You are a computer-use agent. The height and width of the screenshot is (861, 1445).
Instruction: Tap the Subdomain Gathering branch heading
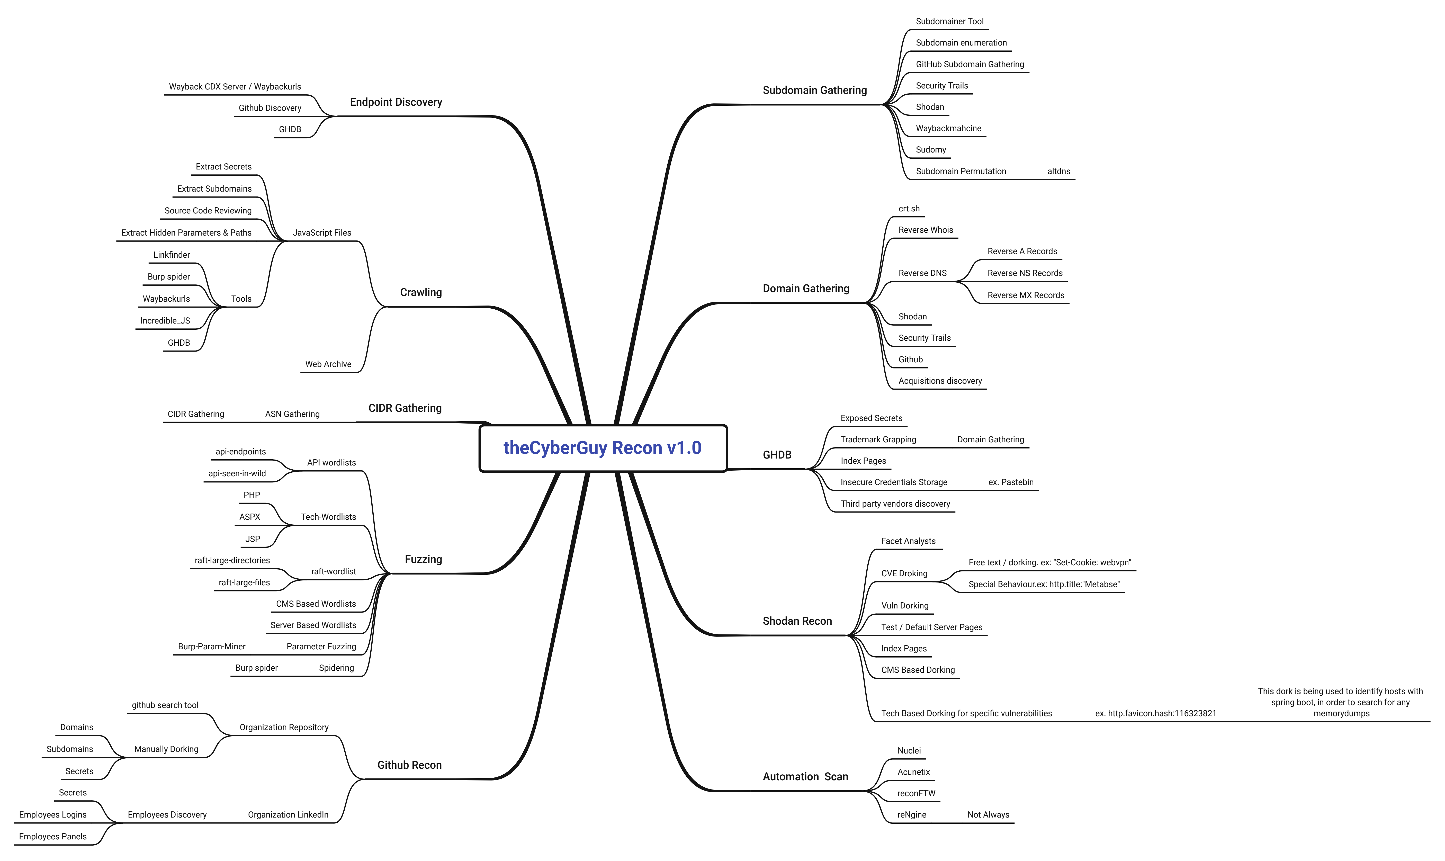click(x=814, y=90)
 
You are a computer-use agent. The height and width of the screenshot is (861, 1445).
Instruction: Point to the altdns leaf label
click(x=1059, y=171)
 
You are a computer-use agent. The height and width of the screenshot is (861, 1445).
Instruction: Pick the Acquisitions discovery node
click(x=940, y=381)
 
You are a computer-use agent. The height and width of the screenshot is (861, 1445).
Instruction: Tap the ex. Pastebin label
click(x=1010, y=482)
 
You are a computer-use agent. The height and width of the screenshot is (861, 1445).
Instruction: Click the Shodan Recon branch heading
click(x=797, y=621)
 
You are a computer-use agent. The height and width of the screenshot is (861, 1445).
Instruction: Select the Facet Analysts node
click(x=908, y=541)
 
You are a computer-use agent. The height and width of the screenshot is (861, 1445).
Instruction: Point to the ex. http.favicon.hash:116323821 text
click(x=1155, y=714)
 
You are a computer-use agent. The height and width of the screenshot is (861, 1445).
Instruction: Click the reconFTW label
click(x=916, y=794)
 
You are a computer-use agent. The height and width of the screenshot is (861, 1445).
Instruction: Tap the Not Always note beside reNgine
click(x=988, y=815)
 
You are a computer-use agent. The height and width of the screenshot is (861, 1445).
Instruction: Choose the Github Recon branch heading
click(x=409, y=765)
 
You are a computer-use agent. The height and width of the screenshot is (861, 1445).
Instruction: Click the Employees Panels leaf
click(x=53, y=837)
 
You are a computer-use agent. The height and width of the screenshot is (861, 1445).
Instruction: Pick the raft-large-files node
click(x=244, y=582)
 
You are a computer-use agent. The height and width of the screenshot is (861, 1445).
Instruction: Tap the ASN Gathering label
click(x=292, y=414)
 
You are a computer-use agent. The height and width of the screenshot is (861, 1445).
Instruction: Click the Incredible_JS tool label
click(x=165, y=321)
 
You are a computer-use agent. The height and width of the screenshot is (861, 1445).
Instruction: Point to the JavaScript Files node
click(x=322, y=233)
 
